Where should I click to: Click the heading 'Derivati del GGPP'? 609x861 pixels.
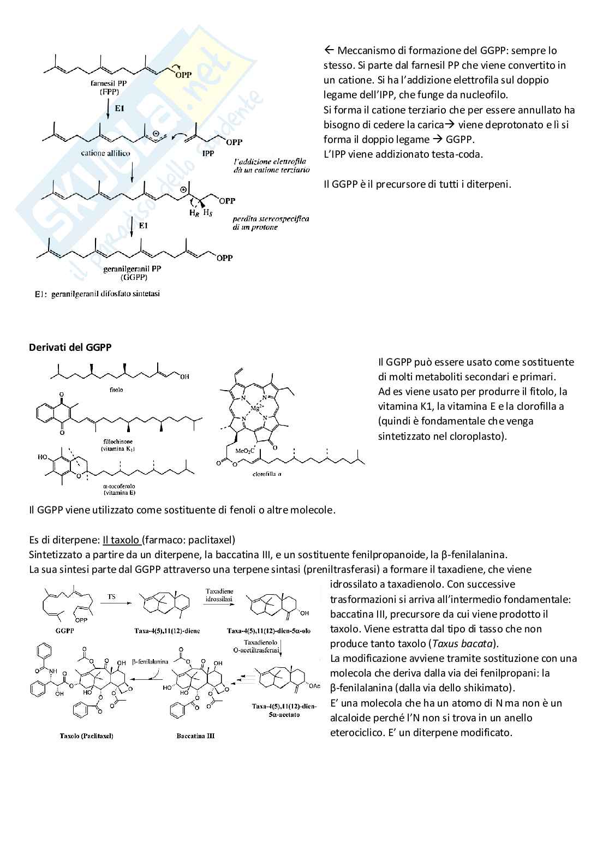[x=70, y=347]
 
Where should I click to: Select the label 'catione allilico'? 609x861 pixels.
[x=105, y=153]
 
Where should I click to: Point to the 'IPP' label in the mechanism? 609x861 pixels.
[x=208, y=153]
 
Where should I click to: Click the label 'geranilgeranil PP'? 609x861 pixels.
[x=132, y=269]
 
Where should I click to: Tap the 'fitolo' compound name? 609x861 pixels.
[x=116, y=390]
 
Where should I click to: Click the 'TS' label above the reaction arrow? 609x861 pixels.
[x=111, y=597]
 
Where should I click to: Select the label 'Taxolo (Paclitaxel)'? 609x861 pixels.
[x=87, y=736]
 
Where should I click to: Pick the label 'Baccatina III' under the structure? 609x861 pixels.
[x=195, y=736]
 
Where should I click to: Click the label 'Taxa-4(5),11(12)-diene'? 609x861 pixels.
[x=167, y=631]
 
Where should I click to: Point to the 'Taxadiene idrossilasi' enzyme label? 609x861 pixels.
[x=219, y=595]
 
